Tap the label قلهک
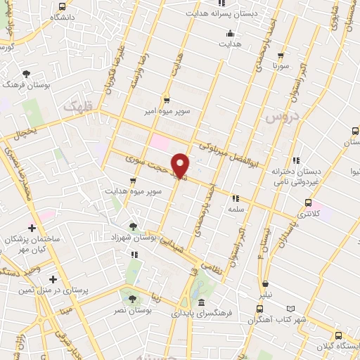[x=77, y=106]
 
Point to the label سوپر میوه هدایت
[x=134, y=191]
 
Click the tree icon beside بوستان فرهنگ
[x=27, y=73]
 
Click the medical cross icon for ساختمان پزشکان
[x=32, y=228]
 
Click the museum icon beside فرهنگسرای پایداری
[x=202, y=302]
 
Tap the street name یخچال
[x=23, y=131]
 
